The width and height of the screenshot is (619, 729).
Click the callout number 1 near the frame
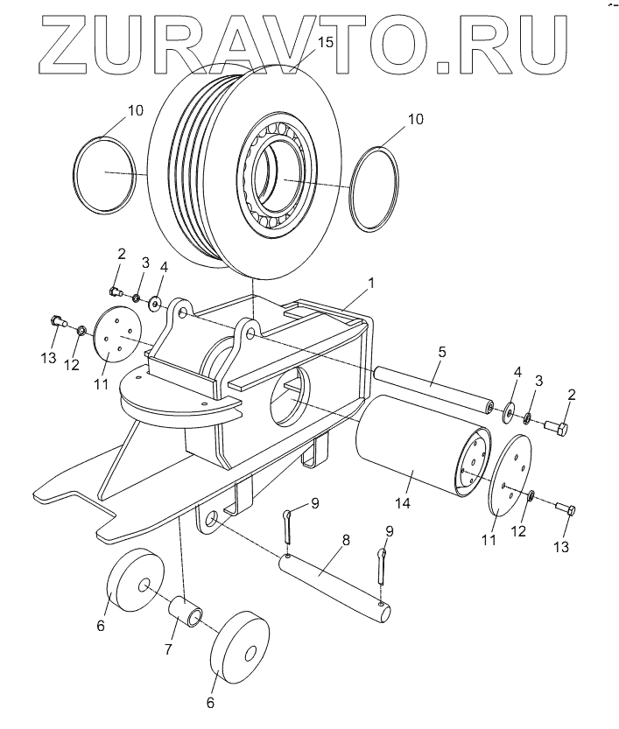(x=371, y=284)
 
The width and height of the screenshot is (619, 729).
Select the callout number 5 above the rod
(x=442, y=353)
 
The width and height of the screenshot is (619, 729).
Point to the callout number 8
(x=346, y=541)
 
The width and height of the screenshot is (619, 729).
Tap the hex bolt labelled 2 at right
(x=557, y=428)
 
